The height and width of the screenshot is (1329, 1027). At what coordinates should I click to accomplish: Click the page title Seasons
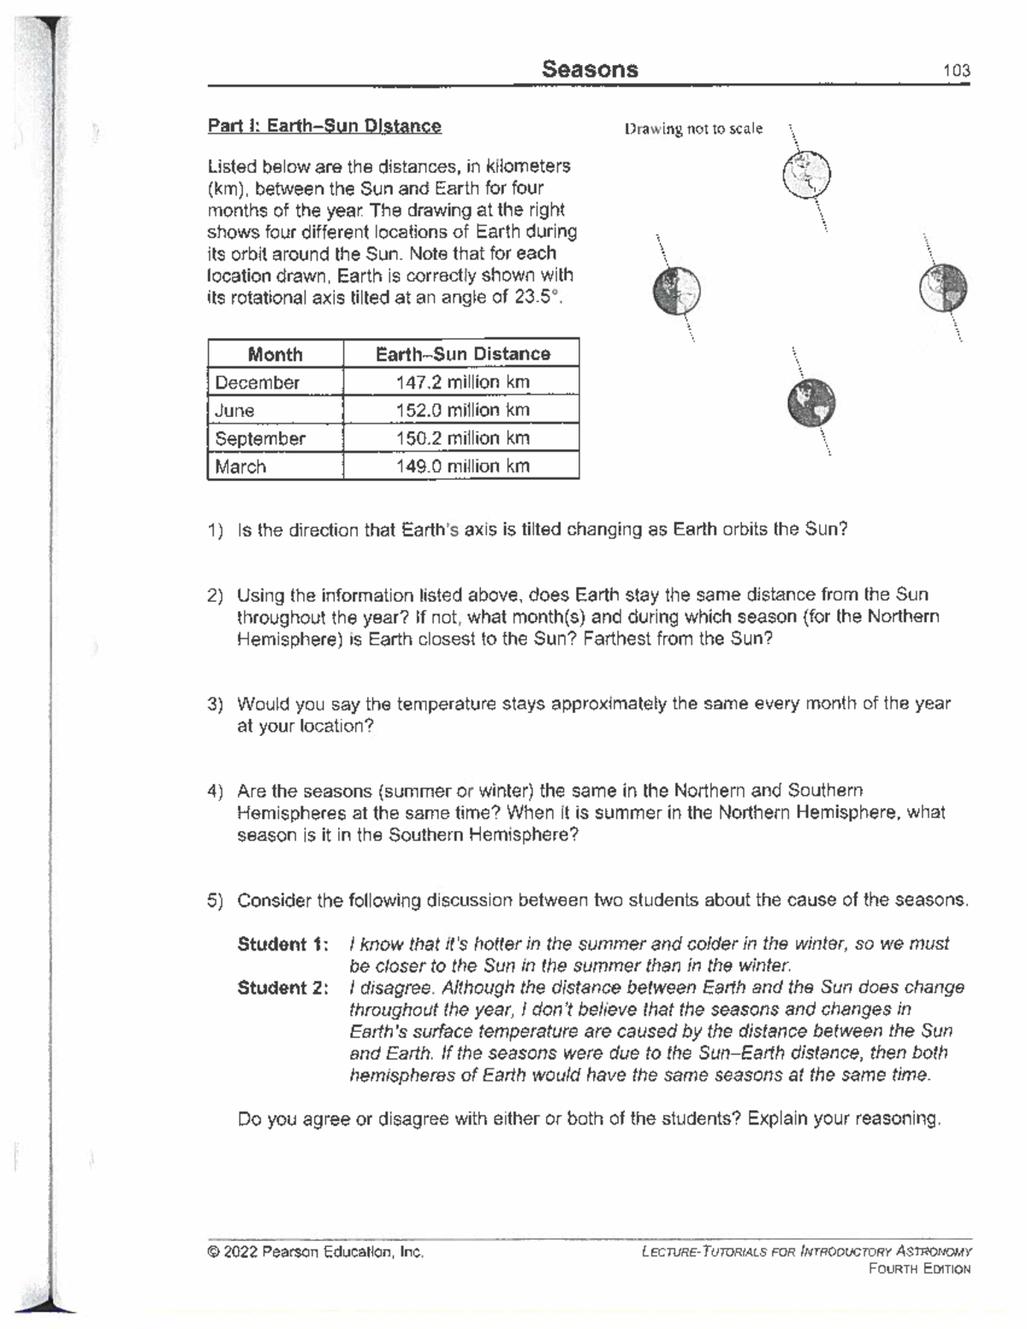(590, 69)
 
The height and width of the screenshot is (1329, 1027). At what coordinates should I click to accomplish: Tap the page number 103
(956, 71)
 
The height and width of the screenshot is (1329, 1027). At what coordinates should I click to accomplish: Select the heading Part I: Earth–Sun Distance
(324, 127)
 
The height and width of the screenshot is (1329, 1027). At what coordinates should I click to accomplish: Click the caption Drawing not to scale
(693, 128)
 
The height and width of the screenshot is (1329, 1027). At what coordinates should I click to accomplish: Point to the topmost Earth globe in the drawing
(806, 174)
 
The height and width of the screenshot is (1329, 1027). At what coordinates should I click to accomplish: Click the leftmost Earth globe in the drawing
(676, 290)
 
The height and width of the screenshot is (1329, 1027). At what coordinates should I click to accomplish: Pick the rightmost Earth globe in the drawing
(943, 288)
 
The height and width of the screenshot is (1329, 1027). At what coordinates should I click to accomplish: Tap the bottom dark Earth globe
(810, 403)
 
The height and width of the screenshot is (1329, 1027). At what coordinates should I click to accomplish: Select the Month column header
(275, 354)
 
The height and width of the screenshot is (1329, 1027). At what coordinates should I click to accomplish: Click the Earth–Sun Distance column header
(462, 354)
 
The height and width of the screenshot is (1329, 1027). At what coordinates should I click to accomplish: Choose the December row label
(257, 383)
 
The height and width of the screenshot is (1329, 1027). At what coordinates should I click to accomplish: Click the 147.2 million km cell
(462, 383)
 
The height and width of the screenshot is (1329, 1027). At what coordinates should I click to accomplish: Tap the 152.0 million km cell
(462, 410)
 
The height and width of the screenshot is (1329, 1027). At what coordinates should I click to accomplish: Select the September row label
(259, 438)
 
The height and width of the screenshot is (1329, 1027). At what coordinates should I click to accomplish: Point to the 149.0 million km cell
(462, 466)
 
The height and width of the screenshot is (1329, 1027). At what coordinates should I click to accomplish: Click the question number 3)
(215, 704)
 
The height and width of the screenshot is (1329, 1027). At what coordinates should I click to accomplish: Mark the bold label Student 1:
(282, 945)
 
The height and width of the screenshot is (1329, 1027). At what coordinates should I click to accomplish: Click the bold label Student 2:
(282, 988)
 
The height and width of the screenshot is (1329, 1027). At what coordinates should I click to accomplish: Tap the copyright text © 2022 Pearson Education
(315, 1252)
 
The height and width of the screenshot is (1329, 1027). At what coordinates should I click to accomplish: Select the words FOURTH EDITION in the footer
(919, 1269)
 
